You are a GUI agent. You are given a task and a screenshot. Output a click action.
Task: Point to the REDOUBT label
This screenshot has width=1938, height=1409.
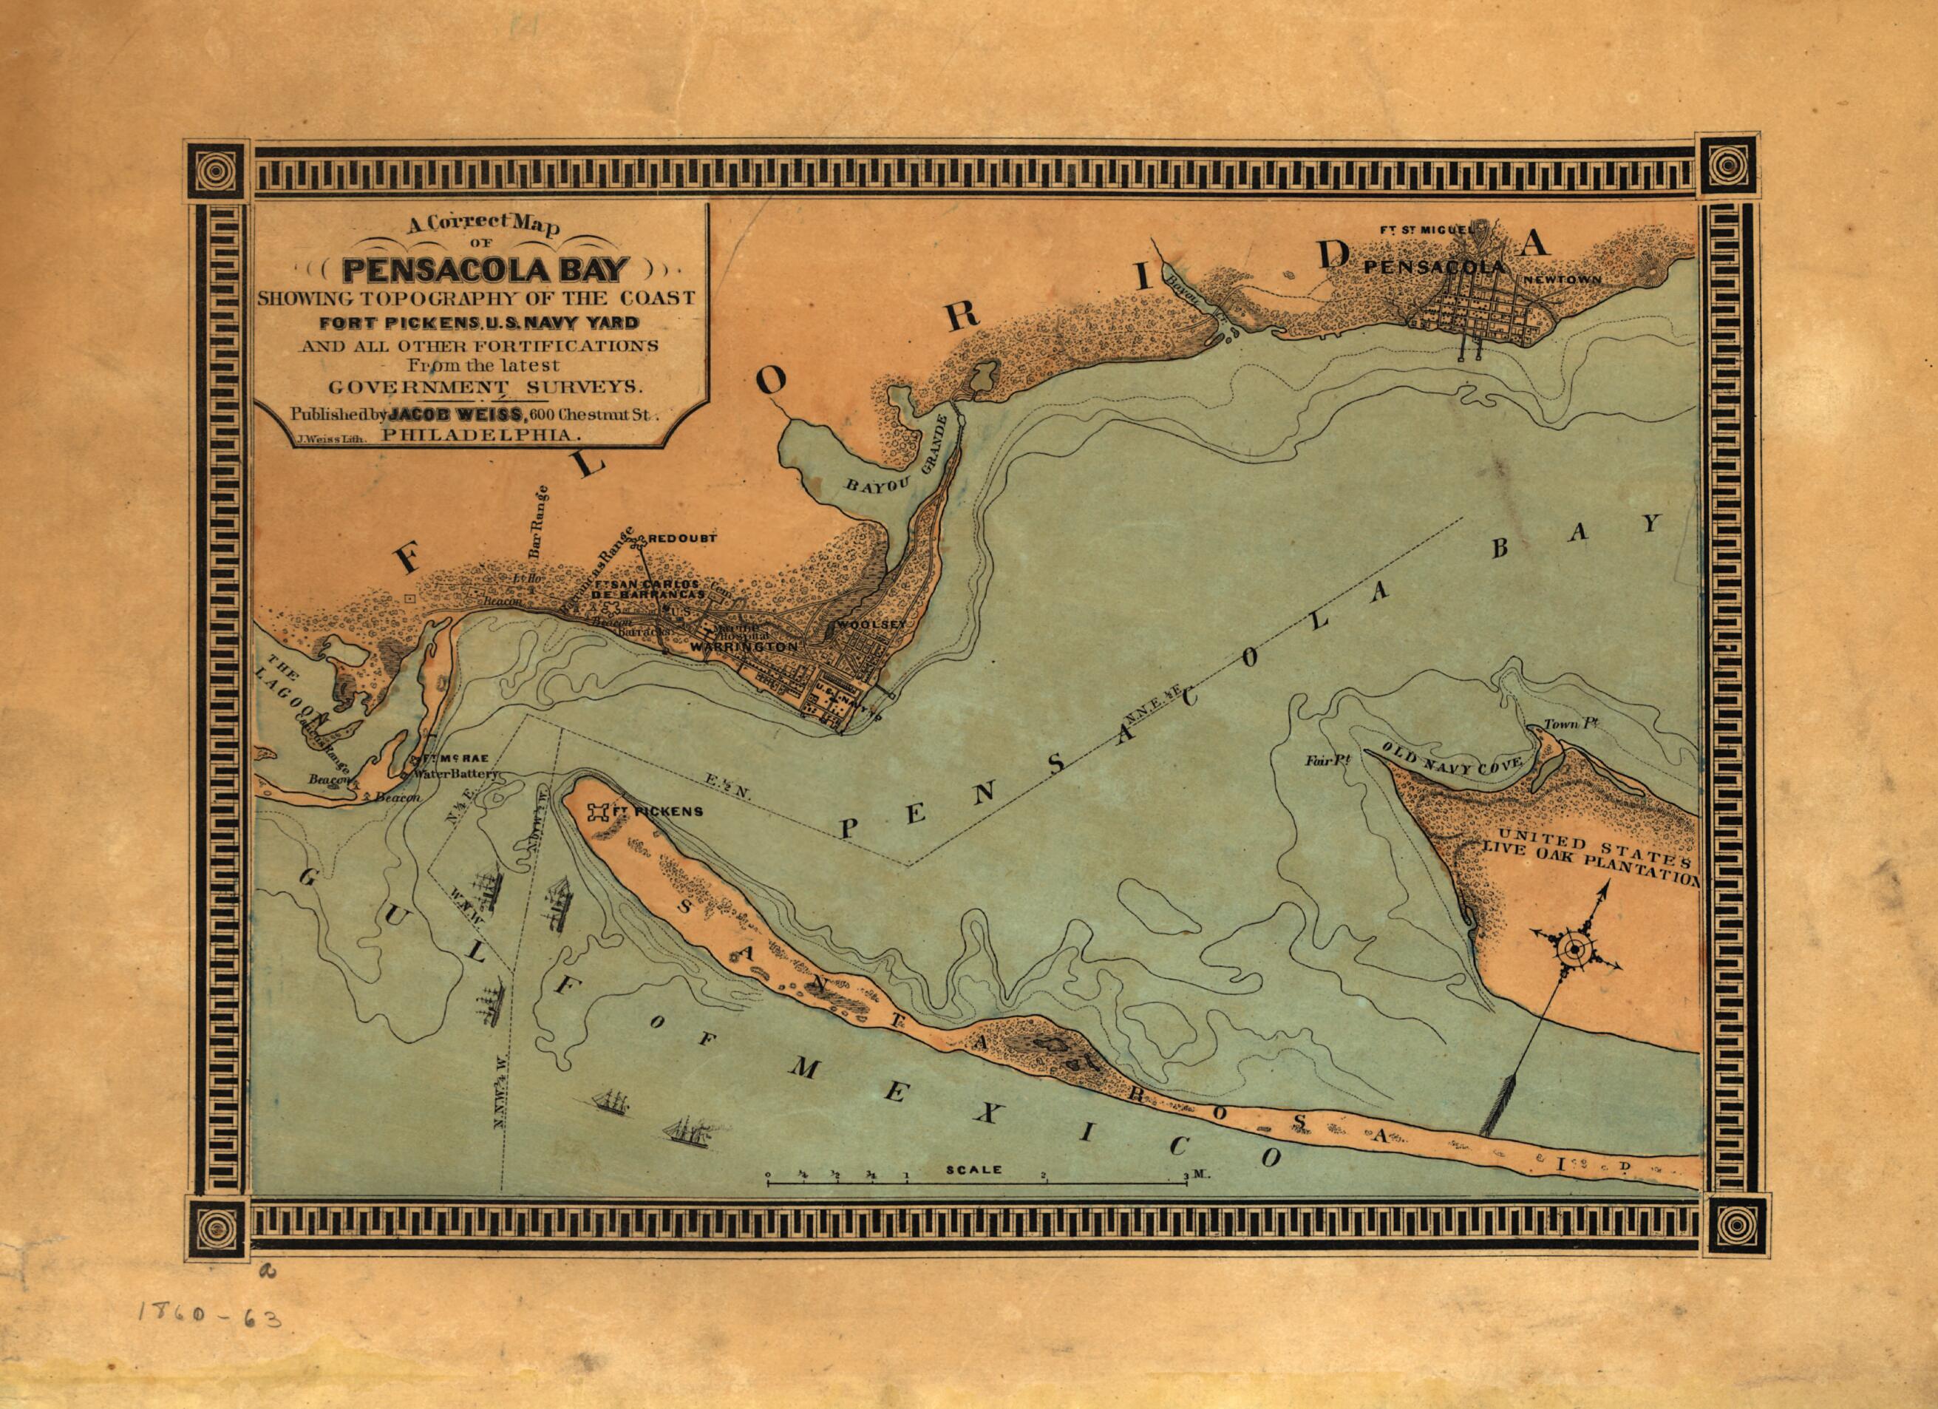[x=681, y=539]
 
